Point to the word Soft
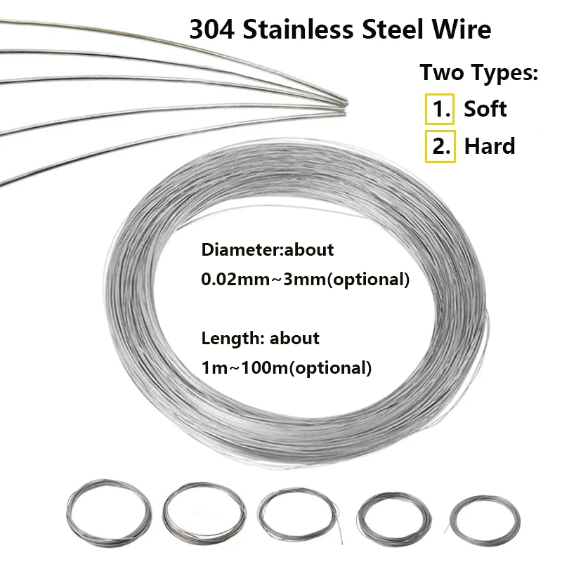[485, 109]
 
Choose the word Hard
[490, 146]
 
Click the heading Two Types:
[478, 72]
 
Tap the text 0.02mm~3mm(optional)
[305, 279]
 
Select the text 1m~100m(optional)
[286, 367]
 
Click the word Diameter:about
[268, 249]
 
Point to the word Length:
[230, 338]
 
